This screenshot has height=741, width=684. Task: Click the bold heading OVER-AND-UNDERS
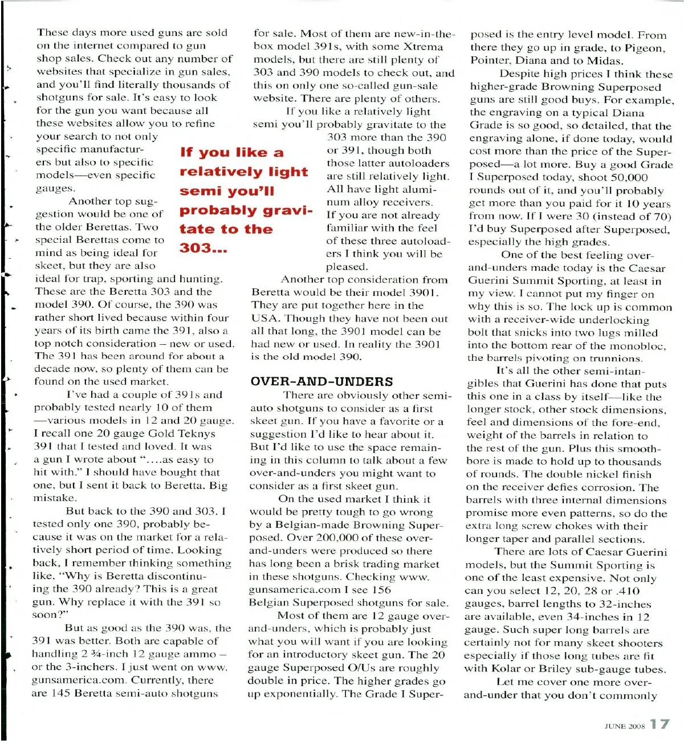click(x=321, y=381)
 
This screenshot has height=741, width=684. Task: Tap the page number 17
click(x=659, y=724)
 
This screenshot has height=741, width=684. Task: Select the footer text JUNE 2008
click(x=624, y=726)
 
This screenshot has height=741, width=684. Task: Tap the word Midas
click(x=605, y=61)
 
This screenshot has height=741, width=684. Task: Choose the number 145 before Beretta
click(x=60, y=693)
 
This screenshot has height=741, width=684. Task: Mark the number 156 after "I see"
click(x=381, y=590)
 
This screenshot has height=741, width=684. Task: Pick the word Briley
click(x=552, y=669)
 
